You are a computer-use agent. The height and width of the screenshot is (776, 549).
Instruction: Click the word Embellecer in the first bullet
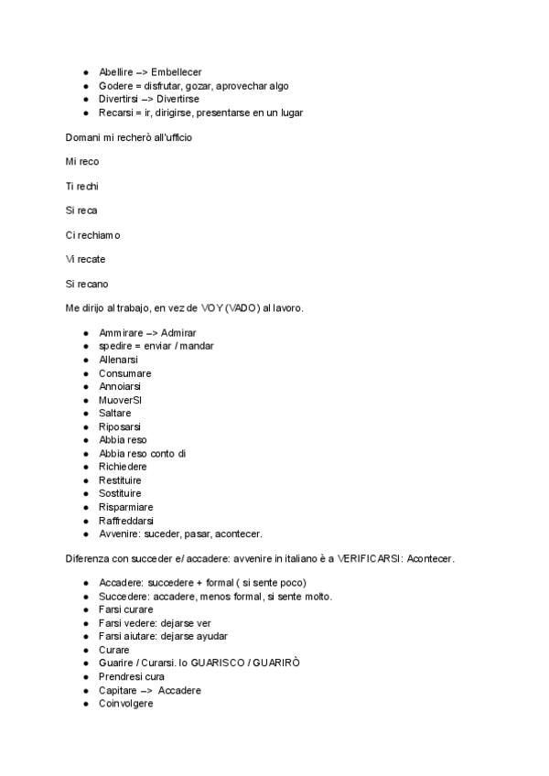pyautogui.click(x=177, y=71)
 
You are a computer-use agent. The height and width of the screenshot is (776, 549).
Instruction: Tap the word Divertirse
pyautogui.click(x=178, y=99)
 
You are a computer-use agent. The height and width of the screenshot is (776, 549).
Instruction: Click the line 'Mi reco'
pyautogui.click(x=82, y=161)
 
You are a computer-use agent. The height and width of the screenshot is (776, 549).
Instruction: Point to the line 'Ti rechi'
pyautogui.click(x=82, y=186)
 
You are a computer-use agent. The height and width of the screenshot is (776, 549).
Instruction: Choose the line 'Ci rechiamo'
pyautogui.click(x=92, y=235)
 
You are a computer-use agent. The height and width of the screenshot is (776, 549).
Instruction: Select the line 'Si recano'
pyautogui.click(x=87, y=284)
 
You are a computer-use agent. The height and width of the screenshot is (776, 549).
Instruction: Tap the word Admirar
pyautogui.click(x=178, y=333)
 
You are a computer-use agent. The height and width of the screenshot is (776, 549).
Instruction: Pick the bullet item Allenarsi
pyautogui.click(x=119, y=360)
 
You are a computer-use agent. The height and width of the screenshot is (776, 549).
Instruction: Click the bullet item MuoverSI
pyautogui.click(x=120, y=400)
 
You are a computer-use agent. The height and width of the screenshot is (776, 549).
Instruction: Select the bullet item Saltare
pyautogui.click(x=115, y=414)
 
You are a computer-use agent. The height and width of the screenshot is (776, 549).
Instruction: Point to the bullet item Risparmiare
pyautogui.click(x=126, y=507)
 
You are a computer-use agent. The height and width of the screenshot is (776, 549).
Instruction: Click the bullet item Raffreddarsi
pyautogui.click(x=126, y=521)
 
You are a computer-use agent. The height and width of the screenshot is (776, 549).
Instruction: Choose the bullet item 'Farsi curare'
pyautogui.click(x=126, y=609)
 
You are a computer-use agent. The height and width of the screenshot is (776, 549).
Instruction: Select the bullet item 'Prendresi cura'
pyautogui.click(x=132, y=676)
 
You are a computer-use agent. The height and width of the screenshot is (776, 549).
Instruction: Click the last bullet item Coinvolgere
pyautogui.click(x=126, y=703)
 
